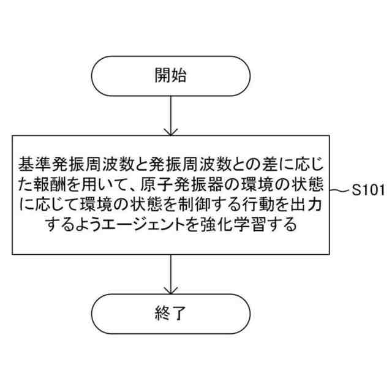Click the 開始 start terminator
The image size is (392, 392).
point(170,77)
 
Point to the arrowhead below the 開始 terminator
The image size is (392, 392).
point(170,130)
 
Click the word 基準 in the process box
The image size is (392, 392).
point(35,164)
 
